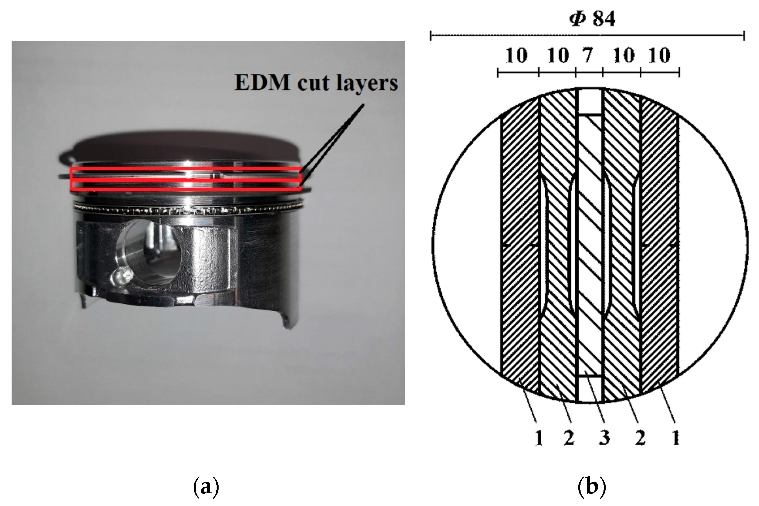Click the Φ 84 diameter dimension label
[x=592, y=19]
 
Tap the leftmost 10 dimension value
[x=517, y=55]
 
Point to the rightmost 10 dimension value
[x=659, y=55]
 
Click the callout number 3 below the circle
[x=604, y=438]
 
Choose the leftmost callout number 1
[x=538, y=438]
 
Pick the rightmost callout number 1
[x=675, y=438]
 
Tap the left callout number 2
[x=569, y=438]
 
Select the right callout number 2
[x=640, y=438]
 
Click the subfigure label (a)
[x=206, y=487]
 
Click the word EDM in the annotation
[x=262, y=83]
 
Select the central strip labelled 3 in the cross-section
[x=590, y=245]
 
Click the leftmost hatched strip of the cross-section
[x=520, y=245]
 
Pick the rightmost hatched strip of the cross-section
[x=659, y=245]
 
